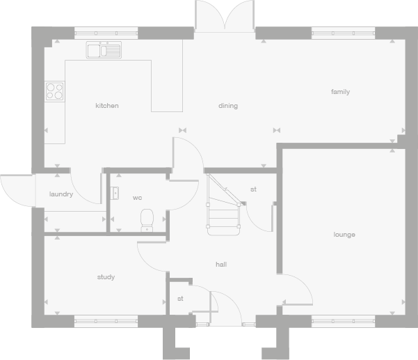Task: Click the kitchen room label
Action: click(107, 106)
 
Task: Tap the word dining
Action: click(228, 106)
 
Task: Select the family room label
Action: click(340, 92)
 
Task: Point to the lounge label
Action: click(344, 235)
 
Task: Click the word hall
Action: click(221, 265)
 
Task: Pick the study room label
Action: click(106, 277)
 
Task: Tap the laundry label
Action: click(61, 194)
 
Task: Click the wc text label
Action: click(138, 198)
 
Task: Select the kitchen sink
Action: click(104, 49)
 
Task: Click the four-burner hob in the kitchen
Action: click(54, 91)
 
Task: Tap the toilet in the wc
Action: click(147, 219)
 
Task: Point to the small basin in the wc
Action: click(115, 193)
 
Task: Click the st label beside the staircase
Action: click(253, 189)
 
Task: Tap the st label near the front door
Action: click(180, 299)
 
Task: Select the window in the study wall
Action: click(106, 321)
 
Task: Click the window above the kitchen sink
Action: click(106, 32)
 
